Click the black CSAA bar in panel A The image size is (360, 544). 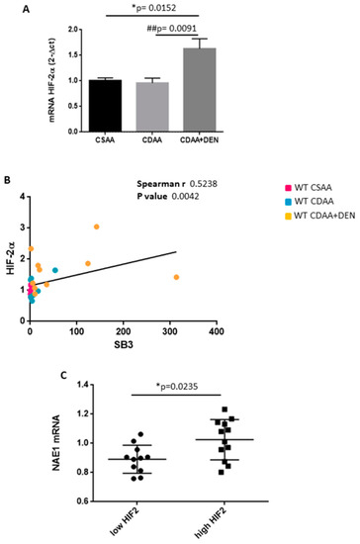[105, 106]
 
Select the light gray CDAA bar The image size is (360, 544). [152, 107]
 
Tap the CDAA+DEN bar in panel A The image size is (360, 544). [200, 89]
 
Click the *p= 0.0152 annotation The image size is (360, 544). [154, 8]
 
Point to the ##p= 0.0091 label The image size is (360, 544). [172, 29]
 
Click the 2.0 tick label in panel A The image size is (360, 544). [73, 30]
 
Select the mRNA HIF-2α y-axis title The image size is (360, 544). [52, 80]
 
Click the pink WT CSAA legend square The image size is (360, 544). [288, 188]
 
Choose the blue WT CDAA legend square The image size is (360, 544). [288, 202]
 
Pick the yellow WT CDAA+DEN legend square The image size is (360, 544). [288, 217]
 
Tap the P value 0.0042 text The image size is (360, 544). [168, 197]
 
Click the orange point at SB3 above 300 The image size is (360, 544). [176, 277]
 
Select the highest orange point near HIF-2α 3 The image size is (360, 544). [96, 227]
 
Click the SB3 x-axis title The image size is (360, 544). [124, 345]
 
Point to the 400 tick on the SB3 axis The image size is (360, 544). [217, 331]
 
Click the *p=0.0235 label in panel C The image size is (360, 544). [177, 386]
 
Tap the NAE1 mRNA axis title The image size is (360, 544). [56, 443]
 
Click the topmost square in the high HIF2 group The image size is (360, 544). [225, 409]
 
